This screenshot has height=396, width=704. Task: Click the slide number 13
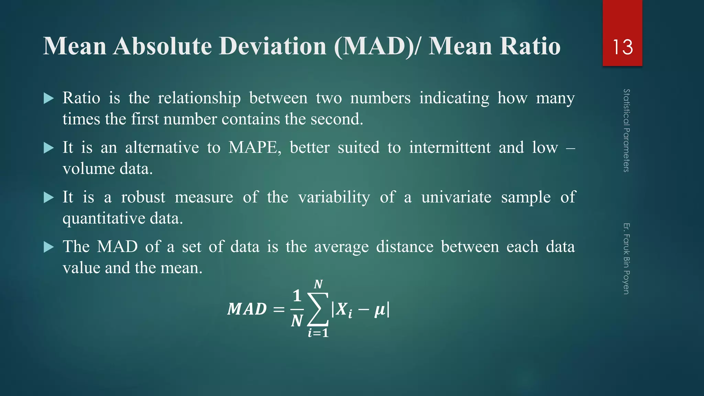coord(623,47)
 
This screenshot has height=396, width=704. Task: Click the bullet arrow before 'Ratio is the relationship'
coord(49,99)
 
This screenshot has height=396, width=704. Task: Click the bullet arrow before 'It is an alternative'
coord(49,148)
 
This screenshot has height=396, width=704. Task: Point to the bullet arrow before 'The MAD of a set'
coord(49,247)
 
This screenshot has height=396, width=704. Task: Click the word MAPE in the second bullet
coord(255,147)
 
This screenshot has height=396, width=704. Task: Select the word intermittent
coord(450,147)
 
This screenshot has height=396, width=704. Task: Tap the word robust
coord(143,197)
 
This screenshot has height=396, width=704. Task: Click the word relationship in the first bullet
coord(199,99)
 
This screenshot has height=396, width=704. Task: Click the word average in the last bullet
coord(341,247)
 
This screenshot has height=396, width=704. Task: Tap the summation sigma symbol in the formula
coord(318,309)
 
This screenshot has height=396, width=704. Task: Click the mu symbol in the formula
coord(379,310)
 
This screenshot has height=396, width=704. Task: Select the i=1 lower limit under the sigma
coord(318,333)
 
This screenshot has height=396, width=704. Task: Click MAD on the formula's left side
coord(247,309)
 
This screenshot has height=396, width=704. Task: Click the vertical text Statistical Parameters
coord(626,130)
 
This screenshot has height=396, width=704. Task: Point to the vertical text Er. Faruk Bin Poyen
coord(626,258)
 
